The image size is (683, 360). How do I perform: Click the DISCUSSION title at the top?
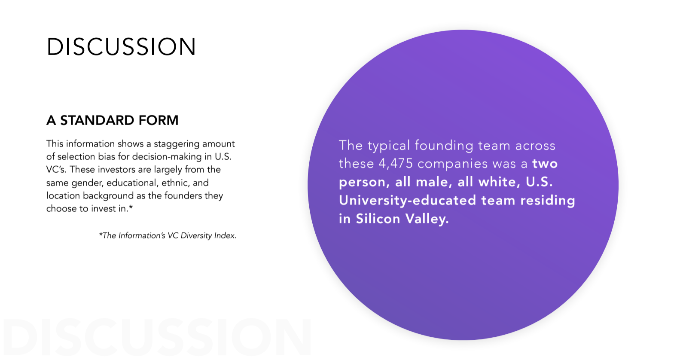click(121, 47)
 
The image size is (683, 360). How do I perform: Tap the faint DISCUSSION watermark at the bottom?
click(157, 337)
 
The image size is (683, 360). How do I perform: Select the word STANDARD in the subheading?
click(97, 120)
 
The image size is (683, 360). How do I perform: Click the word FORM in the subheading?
click(158, 120)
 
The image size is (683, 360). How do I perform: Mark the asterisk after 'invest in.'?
click(131, 207)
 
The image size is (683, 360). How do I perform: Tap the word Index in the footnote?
click(226, 235)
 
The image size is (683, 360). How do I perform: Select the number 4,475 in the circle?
click(396, 164)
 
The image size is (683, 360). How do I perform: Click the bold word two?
click(545, 164)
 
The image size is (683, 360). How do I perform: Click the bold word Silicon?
click(378, 219)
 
